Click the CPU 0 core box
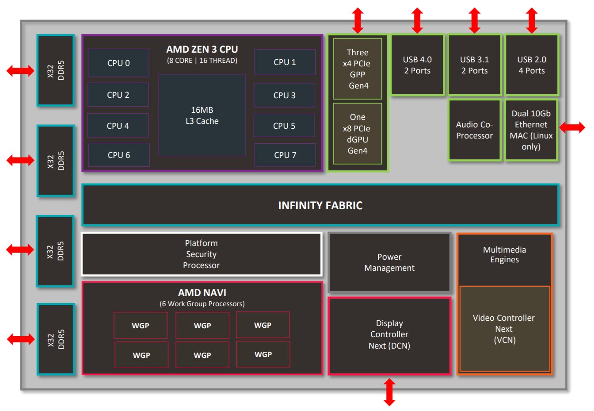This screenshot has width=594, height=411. pyautogui.click(x=118, y=63)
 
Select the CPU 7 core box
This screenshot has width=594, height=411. pyautogui.click(x=285, y=155)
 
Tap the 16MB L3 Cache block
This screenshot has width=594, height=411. pyautogui.click(x=202, y=115)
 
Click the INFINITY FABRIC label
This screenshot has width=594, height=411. pyautogui.click(x=320, y=205)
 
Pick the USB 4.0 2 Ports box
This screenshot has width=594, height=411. pyautogui.click(x=417, y=65)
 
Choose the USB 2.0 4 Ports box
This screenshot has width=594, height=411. pyautogui.click(x=532, y=65)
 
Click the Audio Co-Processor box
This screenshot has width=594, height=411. pyautogui.click(x=474, y=130)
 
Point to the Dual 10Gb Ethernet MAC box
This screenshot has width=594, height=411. pyautogui.click(x=531, y=130)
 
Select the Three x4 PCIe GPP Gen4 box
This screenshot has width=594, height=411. pyautogui.click(x=358, y=69)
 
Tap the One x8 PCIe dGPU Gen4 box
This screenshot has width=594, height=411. pyautogui.click(x=358, y=134)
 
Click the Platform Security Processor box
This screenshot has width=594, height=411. pyautogui.click(x=202, y=254)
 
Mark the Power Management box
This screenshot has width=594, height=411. pyautogui.click(x=389, y=262)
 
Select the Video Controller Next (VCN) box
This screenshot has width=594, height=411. pyautogui.click(x=504, y=329)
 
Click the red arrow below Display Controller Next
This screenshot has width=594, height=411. pyautogui.click(x=389, y=392)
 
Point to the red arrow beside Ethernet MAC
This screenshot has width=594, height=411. pyautogui.click(x=572, y=127)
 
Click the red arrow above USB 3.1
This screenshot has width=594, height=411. pyautogui.click(x=474, y=20)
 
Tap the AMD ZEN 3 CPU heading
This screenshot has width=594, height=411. pyautogui.click(x=202, y=50)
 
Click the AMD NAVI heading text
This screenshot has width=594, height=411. pyautogui.click(x=202, y=293)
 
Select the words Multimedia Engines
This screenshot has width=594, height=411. pyautogui.click(x=504, y=255)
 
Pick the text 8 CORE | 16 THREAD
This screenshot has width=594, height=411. pyautogui.click(x=202, y=61)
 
